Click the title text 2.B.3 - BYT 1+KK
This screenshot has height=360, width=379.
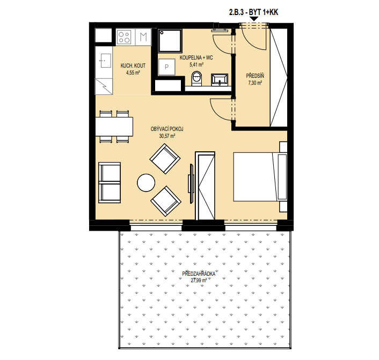253,12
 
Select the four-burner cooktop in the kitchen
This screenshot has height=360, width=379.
124,37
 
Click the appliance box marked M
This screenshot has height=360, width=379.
143,37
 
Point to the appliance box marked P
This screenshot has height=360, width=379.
167,67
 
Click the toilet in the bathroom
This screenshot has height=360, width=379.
196,78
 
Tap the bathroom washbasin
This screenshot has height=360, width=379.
220,80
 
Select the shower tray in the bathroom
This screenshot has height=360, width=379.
170,41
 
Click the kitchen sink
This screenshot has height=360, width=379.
106,61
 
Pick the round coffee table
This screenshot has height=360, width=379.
146,182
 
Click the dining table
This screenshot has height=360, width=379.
114,127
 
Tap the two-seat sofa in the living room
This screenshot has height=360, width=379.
110,182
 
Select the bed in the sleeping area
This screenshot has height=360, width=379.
260,177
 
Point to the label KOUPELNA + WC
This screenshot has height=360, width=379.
196,58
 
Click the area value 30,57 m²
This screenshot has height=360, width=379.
167,136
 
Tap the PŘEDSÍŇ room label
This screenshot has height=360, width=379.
255,76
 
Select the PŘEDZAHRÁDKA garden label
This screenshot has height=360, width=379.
199,274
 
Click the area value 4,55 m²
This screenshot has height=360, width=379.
133,72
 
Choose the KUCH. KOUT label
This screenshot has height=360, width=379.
133,65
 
